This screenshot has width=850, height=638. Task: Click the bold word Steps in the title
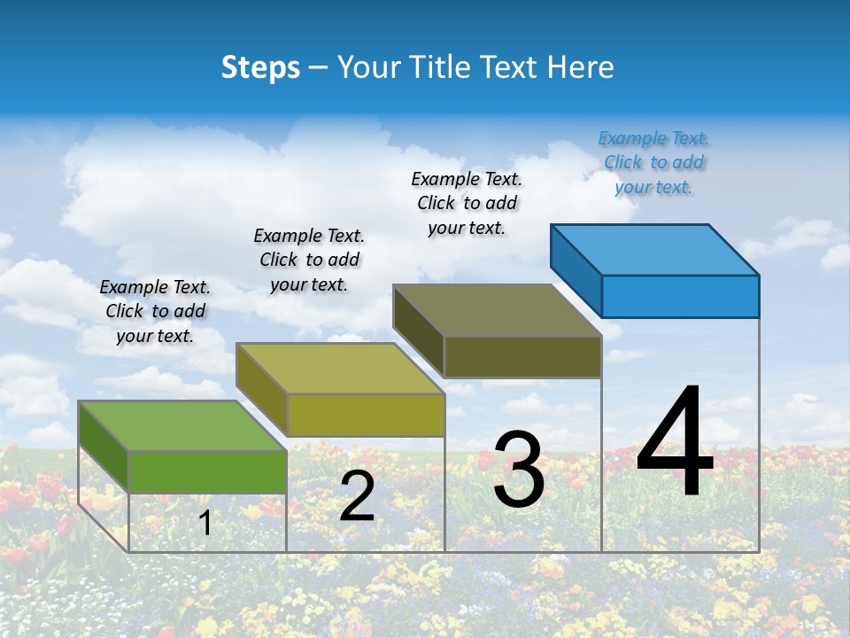point(260,67)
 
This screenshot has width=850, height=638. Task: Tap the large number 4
point(675,442)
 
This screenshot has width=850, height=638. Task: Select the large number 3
point(518,470)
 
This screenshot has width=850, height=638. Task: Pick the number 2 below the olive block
point(357,496)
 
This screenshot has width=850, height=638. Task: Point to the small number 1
point(205,524)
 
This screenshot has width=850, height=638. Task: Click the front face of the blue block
point(680,296)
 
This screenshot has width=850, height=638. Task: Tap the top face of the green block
point(182,425)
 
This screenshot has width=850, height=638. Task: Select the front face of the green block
point(207,471)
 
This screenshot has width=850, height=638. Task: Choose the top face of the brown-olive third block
point(498,310)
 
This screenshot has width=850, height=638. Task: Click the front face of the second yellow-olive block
point(366,415)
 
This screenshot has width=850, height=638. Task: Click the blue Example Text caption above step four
point(653,163)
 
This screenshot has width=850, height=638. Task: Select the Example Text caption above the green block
point(155,311)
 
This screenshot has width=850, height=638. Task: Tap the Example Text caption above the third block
point(467,203)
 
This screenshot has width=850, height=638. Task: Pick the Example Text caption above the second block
point(309,260)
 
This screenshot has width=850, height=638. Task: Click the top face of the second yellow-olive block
point(340,368)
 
